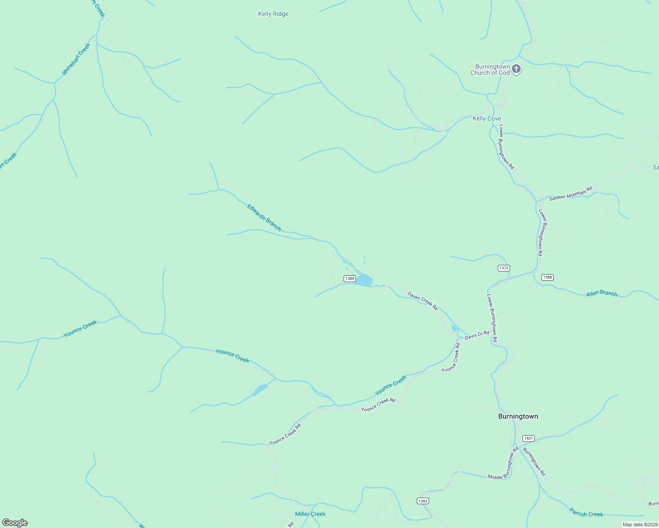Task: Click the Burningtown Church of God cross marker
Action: click(x=516, y=69)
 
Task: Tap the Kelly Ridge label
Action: click(x=273, y=14)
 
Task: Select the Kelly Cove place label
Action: click(x=487, y=118)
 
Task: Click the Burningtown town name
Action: click(x=518, y=416)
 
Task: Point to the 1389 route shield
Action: click(x=349, y=279)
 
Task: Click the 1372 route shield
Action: click(x=504, y=268)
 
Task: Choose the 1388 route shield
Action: click(x=547, y=277)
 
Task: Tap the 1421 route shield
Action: click(x=529, y=438)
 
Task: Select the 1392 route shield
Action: click(x=422, y=501)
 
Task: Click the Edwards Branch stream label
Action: click(x=264, y=217)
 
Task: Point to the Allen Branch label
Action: click(x=602, y=293)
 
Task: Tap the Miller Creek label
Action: click(x=310, y=514)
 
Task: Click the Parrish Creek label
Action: click(x=586, y=513)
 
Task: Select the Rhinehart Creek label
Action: click(x=76, y=59)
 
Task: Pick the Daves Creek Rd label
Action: click(x=422, y=301)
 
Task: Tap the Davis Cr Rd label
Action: click(x=477, y=335)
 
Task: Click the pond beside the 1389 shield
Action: click(x=364, y=280)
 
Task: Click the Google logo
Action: click(x=15, y=523)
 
